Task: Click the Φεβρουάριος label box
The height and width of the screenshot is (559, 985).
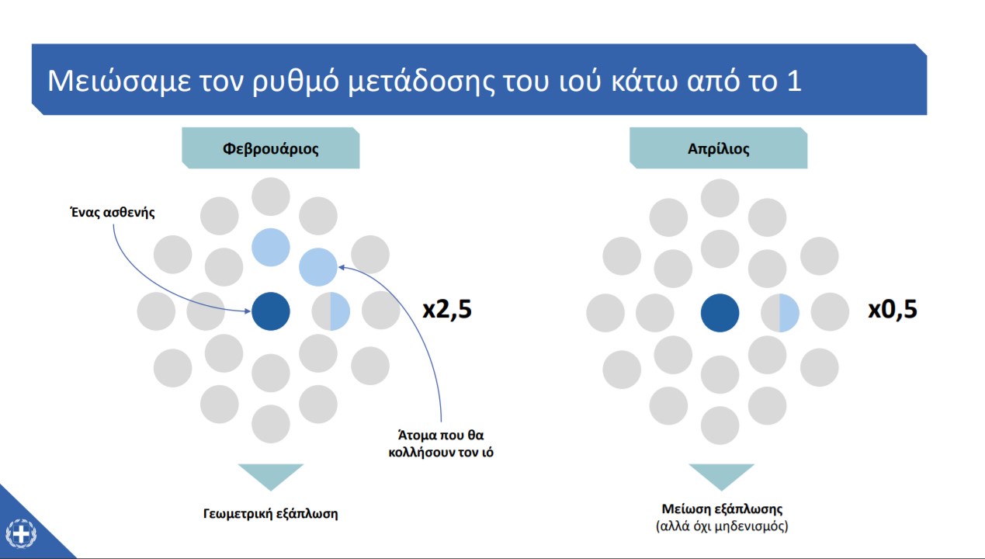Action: pyautogui.click(x=270, y=148)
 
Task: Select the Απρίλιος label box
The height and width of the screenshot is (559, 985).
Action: pyautogui.click(x=718, y=148)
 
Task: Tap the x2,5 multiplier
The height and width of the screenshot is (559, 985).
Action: pyautogui.click(x=447, y=309)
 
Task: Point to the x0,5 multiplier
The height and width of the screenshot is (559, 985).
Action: pyautogui.click(x=893, y=309)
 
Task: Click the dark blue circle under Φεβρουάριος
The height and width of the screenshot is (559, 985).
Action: pyautogui.click(x=270, y=311)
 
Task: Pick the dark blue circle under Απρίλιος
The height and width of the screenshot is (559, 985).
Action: pyautogui.click(x=720, y=313)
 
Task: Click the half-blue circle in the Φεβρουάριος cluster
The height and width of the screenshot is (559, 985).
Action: pyautogui.click(x=331, y=311)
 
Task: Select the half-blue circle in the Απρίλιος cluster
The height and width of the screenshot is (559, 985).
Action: pyautogui.click(x=779, y=313)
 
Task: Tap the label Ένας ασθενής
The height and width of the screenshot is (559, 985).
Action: pyautogui.click(x=113, y=213)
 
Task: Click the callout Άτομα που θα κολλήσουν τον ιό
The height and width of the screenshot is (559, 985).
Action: pyautogui.click(x=441, y=443)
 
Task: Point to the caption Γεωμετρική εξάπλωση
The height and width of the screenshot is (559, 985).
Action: pyautogui.click(x=270, y=514)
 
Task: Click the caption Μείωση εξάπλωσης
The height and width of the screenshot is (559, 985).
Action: pyautogui.click(x=722, y=509)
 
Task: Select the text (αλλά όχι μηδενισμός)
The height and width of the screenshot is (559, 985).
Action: pyautogui.click(x=722, y=526)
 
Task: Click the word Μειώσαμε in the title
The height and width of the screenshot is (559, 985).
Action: pyautogui.click(x=120, y=81)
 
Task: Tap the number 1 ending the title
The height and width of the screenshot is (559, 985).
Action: pyautogui.click(x=794, y=81)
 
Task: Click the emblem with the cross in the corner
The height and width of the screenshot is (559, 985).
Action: pyautogui.click(x=21, y=533)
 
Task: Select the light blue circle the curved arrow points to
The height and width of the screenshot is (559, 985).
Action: pyautogui.click(x=318, y=267)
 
